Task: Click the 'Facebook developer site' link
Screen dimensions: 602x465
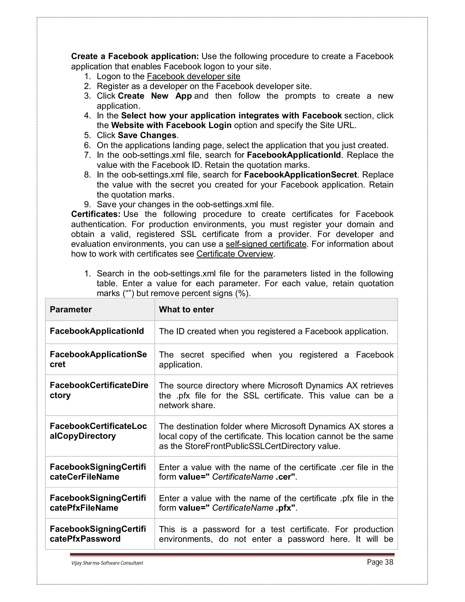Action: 193,76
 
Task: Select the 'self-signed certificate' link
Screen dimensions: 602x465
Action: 266,244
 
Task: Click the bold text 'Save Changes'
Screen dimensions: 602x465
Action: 147,135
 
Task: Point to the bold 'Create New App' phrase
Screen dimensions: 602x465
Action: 155,96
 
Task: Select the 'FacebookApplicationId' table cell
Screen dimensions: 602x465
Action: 97,331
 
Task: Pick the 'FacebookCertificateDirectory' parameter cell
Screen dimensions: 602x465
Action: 99,390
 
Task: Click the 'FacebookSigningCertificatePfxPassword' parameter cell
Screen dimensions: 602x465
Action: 98,534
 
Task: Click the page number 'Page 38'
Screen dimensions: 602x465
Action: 380,562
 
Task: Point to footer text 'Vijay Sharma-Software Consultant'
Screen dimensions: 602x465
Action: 107,563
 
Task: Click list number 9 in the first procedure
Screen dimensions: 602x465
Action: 87,204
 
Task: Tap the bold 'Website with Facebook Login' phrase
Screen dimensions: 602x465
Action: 171,125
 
